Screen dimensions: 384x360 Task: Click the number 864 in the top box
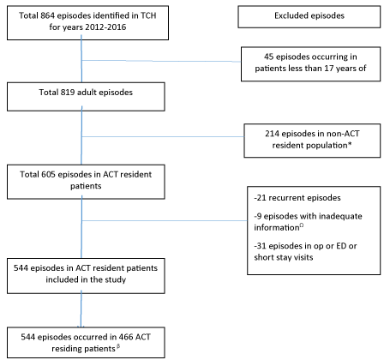48,15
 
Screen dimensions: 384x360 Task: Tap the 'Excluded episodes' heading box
309,17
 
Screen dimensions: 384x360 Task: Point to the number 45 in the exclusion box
269,57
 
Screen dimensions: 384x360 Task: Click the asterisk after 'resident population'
350,144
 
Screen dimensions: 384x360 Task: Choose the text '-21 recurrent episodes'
297,198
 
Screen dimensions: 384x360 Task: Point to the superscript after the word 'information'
302,225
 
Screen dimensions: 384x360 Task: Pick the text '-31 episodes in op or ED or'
305,246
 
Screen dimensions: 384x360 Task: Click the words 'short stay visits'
284,257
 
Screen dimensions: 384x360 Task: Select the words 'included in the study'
86,279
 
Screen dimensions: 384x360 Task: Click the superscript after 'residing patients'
118,347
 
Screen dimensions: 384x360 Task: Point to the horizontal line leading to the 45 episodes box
161,61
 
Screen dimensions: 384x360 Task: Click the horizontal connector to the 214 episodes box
163,136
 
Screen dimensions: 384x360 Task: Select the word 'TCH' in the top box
148,15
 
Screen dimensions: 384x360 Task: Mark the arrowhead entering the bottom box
81,327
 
